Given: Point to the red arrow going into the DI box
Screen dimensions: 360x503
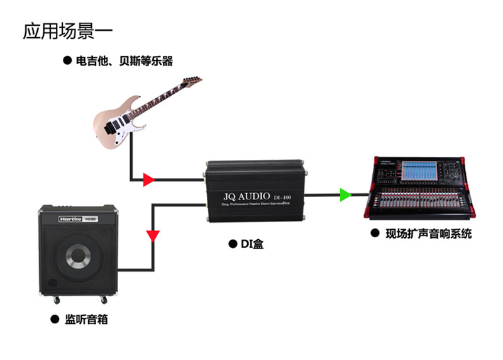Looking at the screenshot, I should click(x=148, y=181).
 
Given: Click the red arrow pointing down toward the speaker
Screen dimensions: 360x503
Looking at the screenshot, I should click(x=153, y=236).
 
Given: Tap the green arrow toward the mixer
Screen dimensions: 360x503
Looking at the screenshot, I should click(x=345, y=195).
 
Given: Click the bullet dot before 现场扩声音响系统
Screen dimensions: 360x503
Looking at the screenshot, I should click(x=375, y=233).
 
